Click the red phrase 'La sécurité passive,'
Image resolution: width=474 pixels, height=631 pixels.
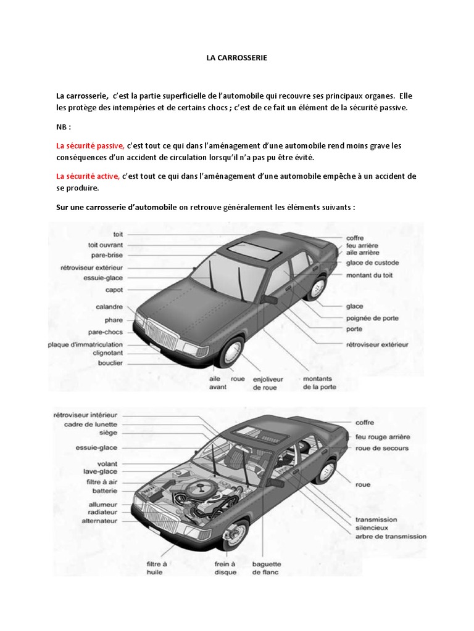pyautogui.click(x=90, y=146)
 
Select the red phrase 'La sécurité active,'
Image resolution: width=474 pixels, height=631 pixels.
pyautogui.click(x=88, y=176)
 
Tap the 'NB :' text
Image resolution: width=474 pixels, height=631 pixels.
pyautogui.click(x=64, y=127)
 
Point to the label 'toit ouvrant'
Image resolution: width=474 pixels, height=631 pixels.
pyautogui.click(x=106, y=245)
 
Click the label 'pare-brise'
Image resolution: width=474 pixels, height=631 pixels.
pyautogui.click(x=109, y=254)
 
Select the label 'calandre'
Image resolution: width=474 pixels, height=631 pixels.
pyautogui.click(x=109, y=306)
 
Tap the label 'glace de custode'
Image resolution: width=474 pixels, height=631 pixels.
pyautogui.click(x=372, y=263)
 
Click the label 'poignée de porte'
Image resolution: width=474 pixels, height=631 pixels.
pyautogui.click(x=372, y=319)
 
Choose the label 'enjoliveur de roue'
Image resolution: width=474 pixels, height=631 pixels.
pyautogui.click(x=267, y=383)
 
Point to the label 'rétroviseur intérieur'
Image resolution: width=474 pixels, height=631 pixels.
pyautogui.click(x=85, y=415)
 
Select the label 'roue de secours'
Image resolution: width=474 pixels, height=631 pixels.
pyautogui.click(x=381, y=448)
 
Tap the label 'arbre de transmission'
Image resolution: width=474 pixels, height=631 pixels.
pyautogui.click(x=390, y=536)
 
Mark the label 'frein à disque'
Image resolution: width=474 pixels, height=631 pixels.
pyautogui.click(x=226, y=568)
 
